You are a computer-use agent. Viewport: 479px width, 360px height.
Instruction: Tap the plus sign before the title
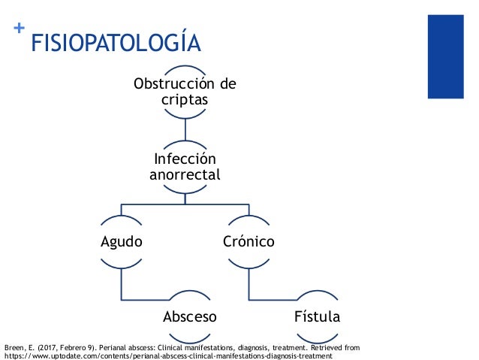[x=19, y=29]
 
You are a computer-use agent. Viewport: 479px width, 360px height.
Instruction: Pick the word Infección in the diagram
[x=185, y=159]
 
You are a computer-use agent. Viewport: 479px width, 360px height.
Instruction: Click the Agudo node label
[x=122, y=242]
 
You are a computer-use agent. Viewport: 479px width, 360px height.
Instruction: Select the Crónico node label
[x=248, y=242]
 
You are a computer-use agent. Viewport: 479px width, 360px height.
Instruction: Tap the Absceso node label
[x=190, y=317]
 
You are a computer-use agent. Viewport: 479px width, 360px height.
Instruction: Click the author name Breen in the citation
[x=14, y=347]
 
